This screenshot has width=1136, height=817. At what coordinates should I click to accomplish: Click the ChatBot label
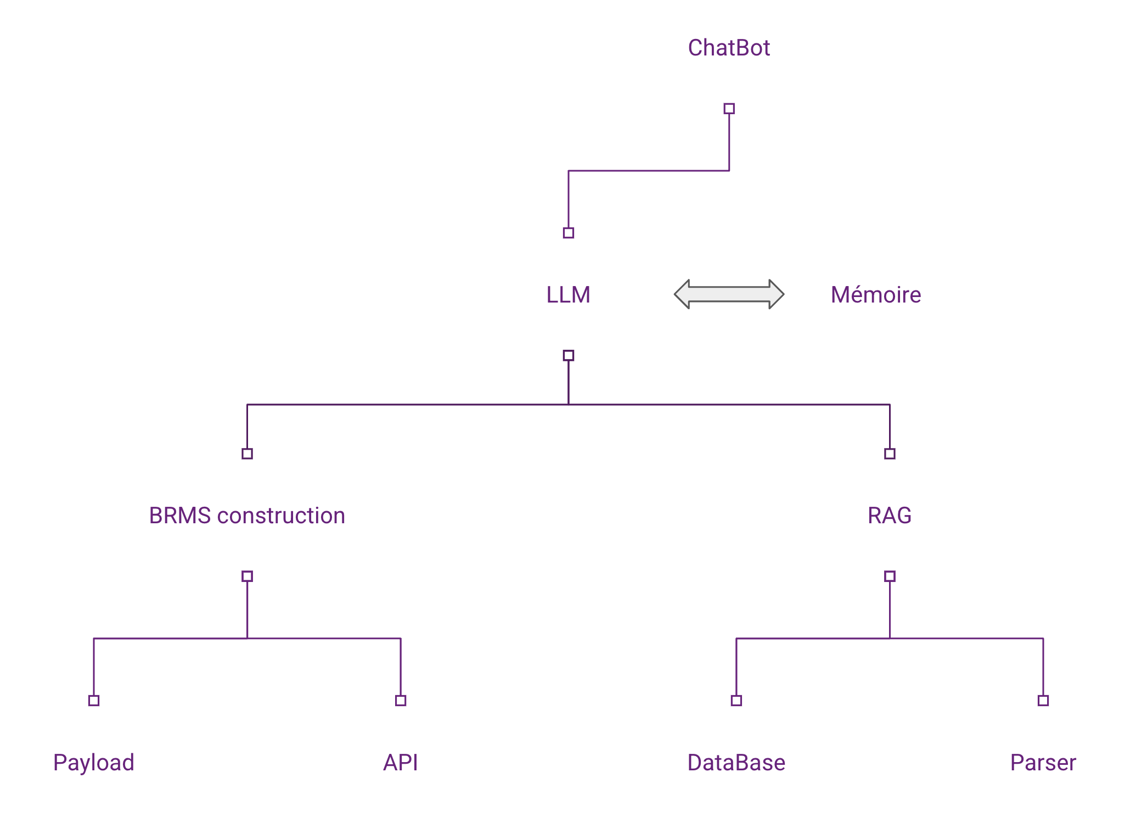[x=729, y=48]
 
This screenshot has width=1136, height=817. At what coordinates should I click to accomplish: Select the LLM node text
[x=568, y=295]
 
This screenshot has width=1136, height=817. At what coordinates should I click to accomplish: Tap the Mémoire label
[x=875, y=295]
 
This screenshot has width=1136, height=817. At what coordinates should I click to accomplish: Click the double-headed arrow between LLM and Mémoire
[x=729, y=294]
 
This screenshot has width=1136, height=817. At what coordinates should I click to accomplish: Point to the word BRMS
[x=179, y=516]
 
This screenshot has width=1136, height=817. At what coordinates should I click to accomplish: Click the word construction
[x=281, y=516]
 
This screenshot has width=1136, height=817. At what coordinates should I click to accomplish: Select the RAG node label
[x=889, y=516]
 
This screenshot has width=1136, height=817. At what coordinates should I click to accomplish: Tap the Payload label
[x=94, y=763]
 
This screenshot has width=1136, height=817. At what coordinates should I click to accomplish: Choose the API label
[x=401, y=763]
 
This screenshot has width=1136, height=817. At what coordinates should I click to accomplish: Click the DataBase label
[x=736, y=763]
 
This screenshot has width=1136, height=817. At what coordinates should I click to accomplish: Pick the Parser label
[x=1043, y=763]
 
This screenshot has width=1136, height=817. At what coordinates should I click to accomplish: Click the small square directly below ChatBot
[x=729, y=109]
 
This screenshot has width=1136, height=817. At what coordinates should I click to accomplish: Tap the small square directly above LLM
[x=569, y=233]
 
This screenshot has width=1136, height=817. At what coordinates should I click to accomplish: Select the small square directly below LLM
[x=569, y=355]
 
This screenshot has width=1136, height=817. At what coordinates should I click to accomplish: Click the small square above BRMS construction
[x=247, y=454]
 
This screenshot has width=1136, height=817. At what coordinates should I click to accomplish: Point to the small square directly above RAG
[x=890, y=454]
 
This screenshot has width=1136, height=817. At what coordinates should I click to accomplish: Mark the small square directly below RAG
[x=890, y=576]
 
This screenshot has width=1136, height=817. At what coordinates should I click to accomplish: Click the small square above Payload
[x=94, y=700]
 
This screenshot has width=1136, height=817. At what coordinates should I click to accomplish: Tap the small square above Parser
[x=1043, y=700]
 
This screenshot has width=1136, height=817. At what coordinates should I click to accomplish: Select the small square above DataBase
[x=736, y=700]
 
